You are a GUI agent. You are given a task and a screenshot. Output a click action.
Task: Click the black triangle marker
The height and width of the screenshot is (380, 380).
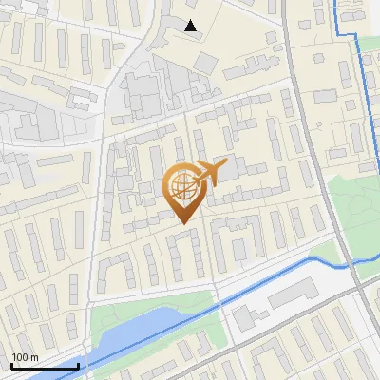click(191, 26)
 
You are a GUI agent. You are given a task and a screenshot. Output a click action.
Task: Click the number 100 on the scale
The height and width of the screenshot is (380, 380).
click(20, 357)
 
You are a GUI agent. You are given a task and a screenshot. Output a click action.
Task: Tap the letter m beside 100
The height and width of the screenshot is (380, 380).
click(34, 357)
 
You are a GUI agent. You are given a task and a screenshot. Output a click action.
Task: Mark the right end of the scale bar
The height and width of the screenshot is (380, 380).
click(78, 366)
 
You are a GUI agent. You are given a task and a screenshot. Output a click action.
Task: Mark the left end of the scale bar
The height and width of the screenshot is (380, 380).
click(10, 366)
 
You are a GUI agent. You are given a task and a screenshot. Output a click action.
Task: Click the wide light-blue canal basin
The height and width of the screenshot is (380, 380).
click(142, 328)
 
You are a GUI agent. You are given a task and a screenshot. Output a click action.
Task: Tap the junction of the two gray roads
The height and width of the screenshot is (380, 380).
click(351, 281)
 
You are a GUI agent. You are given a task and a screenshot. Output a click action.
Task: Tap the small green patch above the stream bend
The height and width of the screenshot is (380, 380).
click(323, 248)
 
